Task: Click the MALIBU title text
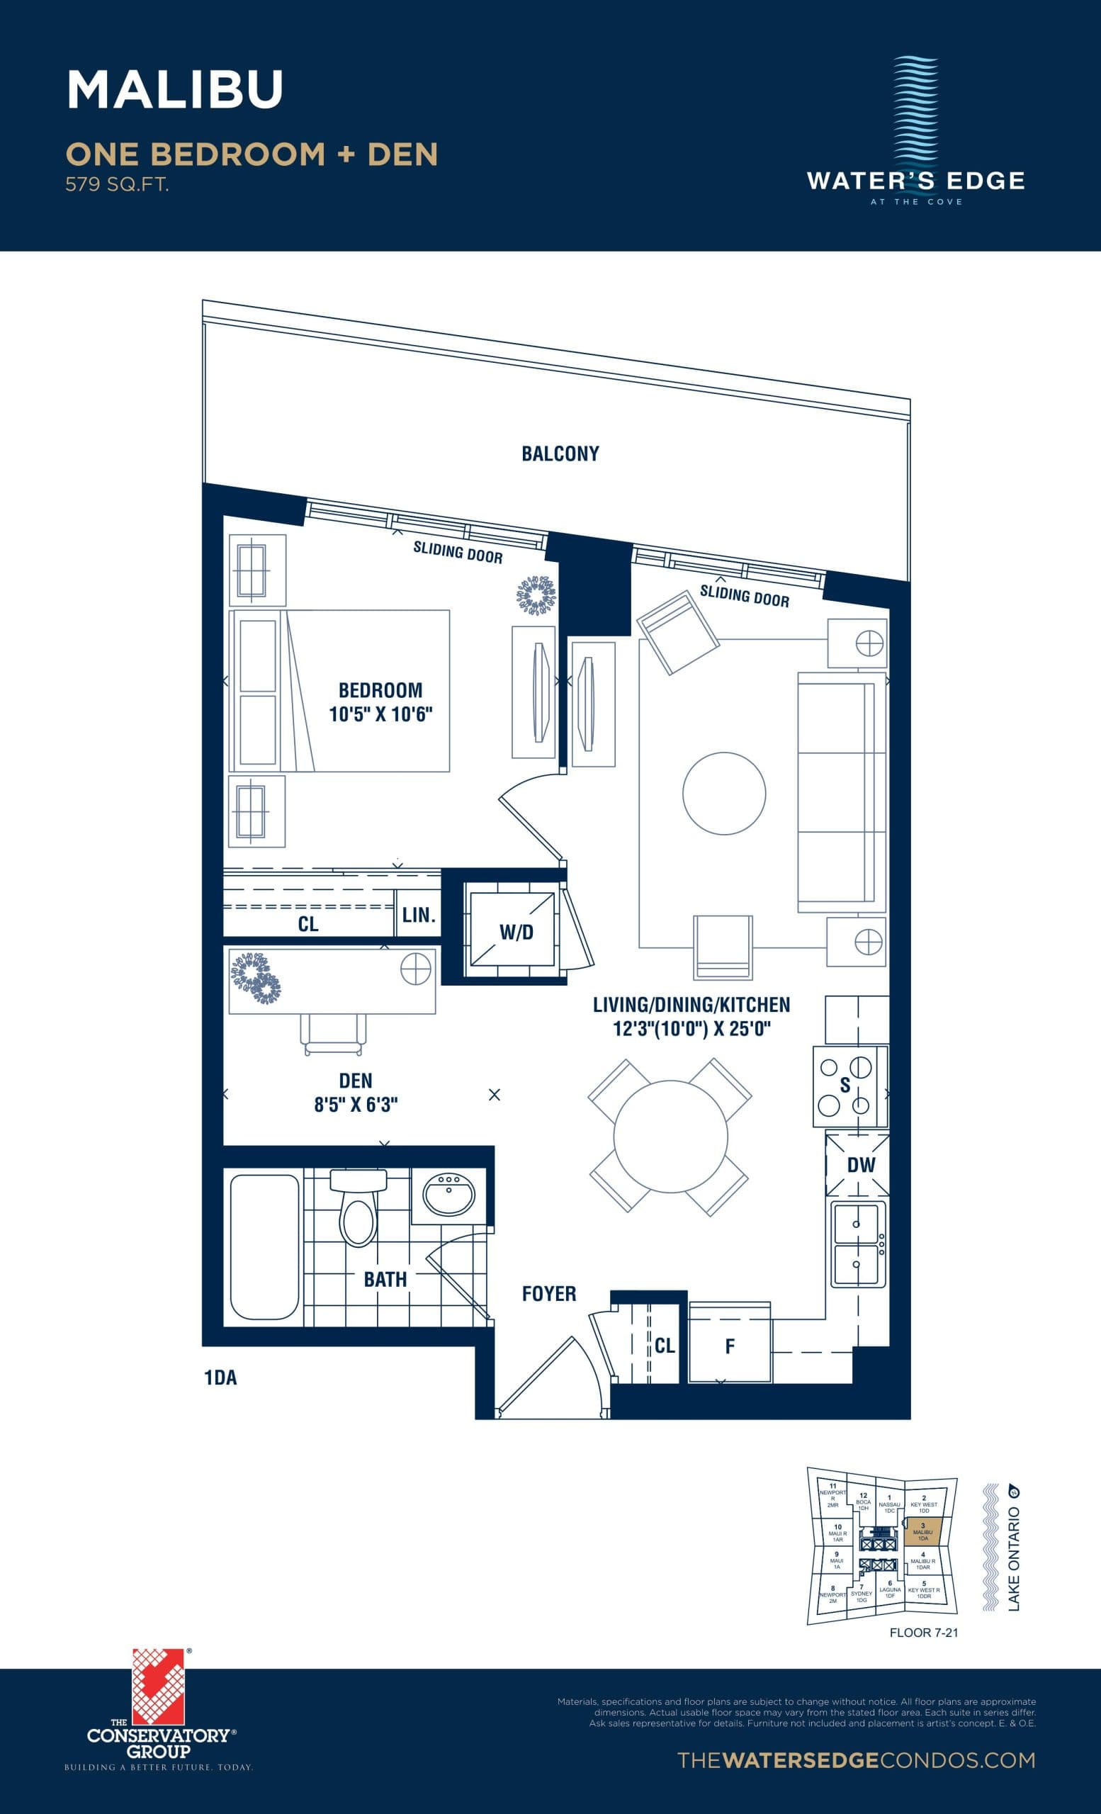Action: point(175,90)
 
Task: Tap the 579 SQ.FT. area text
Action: point(117,185)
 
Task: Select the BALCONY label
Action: point(560,453)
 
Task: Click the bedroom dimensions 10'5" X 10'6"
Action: point(380,714)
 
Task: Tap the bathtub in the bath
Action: point(264,1247)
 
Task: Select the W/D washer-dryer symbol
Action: point(515,932)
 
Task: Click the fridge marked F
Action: point(729,1346)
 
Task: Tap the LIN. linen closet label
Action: point(418,915)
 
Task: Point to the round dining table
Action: point(670,1136)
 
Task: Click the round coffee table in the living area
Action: point(723,793)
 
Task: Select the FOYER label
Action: point(548,1293)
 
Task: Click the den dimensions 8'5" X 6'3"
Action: point(356,1104)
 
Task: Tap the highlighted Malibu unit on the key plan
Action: point(923,1534)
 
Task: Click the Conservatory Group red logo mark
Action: point(157,1686)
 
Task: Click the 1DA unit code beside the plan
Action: point(220,1378)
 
